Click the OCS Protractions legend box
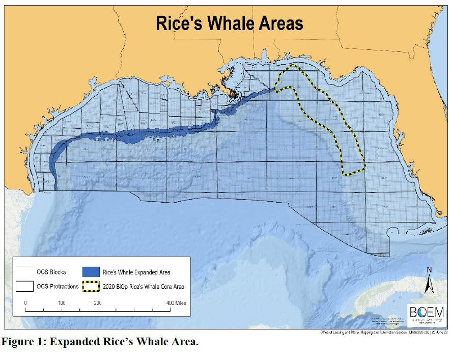(25, 286)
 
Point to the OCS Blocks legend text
(51, 272)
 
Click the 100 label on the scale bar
(62, 302)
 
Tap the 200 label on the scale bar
(98, 302)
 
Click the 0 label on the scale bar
(25, 302)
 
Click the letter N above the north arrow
(429, 270)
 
